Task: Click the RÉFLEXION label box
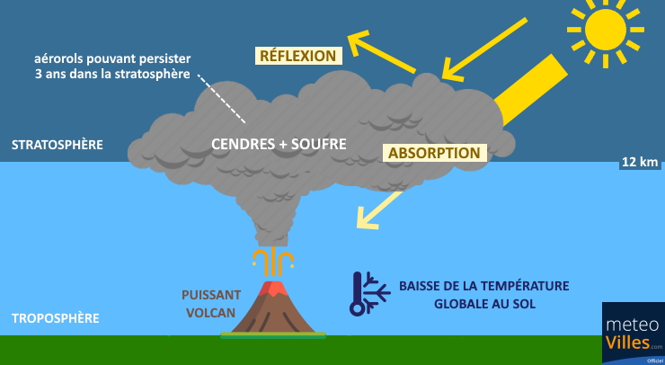(x=298, y=56)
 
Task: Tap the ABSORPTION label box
(x=434, y=153)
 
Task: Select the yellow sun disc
(x=605, y=30)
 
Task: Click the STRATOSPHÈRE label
(x=58, y=145)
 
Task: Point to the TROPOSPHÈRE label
(x=56, y=318)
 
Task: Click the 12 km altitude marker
(x=640, y=162)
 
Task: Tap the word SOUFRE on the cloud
(x=318, y=144)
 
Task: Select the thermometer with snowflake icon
(x=369, y=294)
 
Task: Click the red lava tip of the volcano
(x=273, y=289)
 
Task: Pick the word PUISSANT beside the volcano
(x=211, y=295)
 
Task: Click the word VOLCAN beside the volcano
(x=211, y=313)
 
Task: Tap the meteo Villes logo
(x=634, y=334)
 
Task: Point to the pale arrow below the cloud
(x=379, y=210)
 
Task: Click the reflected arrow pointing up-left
(x=381, y=51)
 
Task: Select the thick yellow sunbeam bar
(x=531, y=90)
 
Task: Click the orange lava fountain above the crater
(x=273, y=263)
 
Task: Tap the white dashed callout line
(x=221, y=99)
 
